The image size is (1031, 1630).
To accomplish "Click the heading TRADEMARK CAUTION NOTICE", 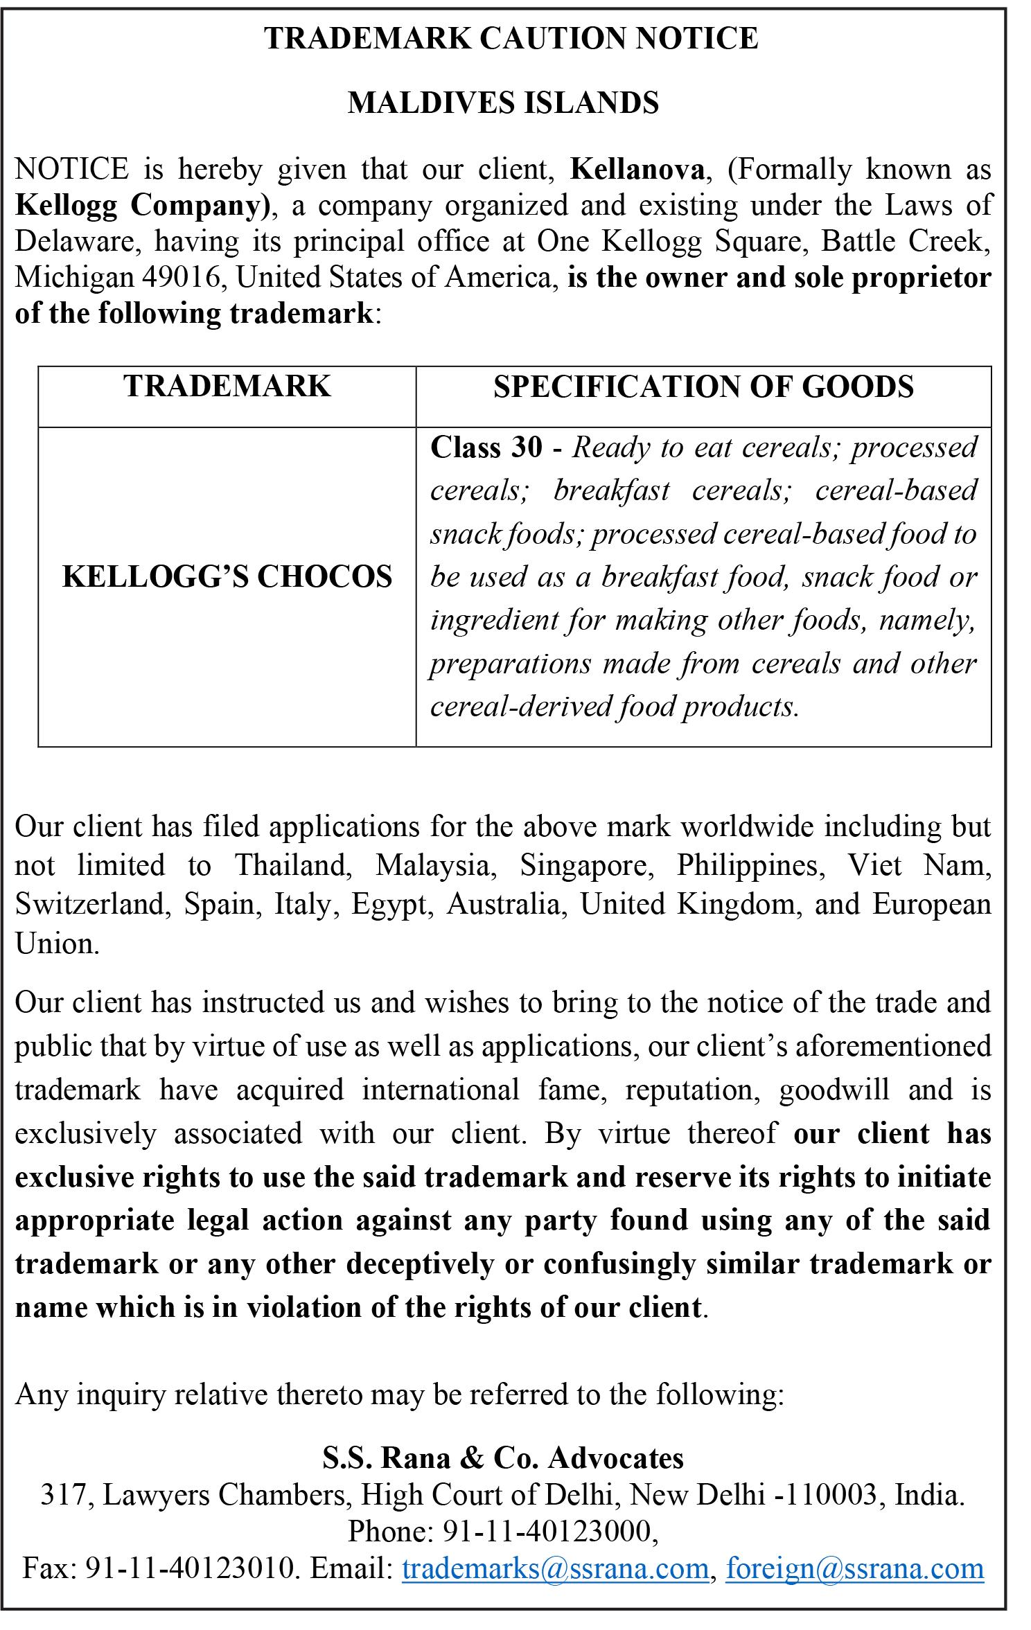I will pos(511,38).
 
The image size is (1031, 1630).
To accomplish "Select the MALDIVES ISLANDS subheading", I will pos(503,103).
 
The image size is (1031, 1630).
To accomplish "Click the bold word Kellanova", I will pos(637,170).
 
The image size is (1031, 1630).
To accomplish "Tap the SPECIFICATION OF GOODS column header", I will pos(703,387).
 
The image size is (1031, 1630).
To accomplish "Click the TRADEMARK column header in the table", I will pos(227,387).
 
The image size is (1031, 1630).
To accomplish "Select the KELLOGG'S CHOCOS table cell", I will pos(227,577).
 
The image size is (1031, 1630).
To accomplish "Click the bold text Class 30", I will pos(486,448).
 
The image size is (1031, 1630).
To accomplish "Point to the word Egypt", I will pos(389,905).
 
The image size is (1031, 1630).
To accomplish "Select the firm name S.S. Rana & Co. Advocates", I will pos(503,1458).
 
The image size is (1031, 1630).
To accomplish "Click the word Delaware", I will pos(76,242).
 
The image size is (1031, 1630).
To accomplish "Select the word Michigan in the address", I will pos(74,278).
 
